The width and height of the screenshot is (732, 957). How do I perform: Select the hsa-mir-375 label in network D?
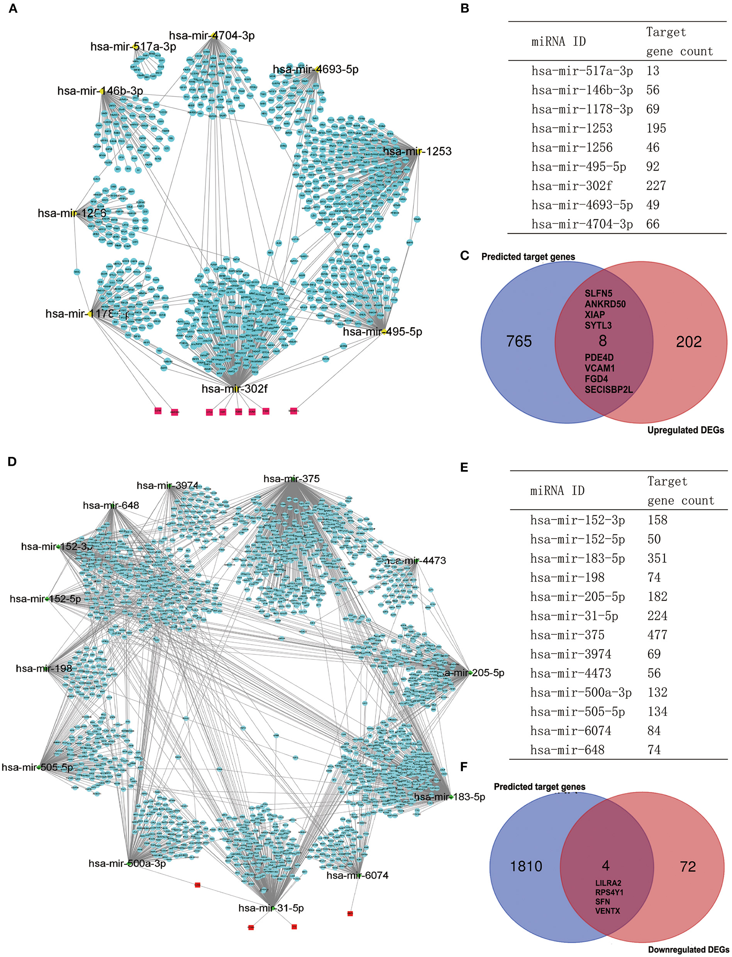(x=291, y=479)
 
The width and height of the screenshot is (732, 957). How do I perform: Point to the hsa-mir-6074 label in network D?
(x=357, y=876)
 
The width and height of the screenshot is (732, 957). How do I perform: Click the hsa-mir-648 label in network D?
(x=111, y=506)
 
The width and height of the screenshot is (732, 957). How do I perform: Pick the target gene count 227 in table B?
(x=656, y=186)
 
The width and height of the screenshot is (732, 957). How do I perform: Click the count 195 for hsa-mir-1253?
(x=656, y=129)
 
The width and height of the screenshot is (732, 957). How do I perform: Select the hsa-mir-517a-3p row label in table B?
(x=582, y=71)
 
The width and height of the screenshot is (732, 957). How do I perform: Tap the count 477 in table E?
(x=657, y=635)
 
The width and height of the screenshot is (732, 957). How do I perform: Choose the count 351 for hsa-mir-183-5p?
(x=657, y=558)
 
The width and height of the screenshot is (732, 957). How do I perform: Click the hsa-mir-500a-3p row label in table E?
(x=581, y=692)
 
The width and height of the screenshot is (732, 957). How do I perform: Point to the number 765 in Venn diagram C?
(x=519, y=342)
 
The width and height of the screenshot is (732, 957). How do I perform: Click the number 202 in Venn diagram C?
(x=689, y=342)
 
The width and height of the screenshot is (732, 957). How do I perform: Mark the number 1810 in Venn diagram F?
(x=526, y=866)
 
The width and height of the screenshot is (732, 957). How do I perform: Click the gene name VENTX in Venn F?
(x=607, y=911)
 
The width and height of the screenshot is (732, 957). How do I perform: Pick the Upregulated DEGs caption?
(x=685, y=430)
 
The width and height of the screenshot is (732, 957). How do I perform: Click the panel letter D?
(x=12, y=462)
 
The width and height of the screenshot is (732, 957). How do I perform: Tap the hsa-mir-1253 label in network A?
(x=417, y=152)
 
